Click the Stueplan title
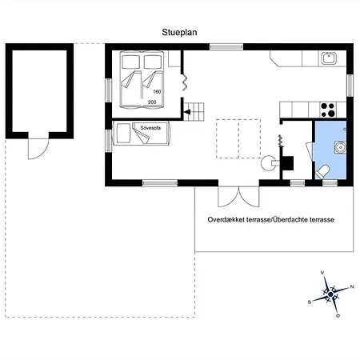tap(179, 32)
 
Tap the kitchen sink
tap(329, 58)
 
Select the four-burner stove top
tap(328, 110)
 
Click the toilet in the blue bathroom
tap(322, 171)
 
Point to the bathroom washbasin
tap(340, 147)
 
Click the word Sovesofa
tap(150, 128)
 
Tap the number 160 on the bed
tap(157, 92)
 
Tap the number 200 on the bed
tap(152, 102)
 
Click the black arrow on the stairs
tap(187, 112)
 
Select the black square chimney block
tap(288, 163)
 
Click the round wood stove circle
tap(268, 163)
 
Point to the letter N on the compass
tap(352, 287)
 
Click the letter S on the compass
tap(310, 302)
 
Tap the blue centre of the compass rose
tap(330, 294)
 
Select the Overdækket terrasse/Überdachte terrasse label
tap(271, 220)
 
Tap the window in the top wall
tap(226, 47)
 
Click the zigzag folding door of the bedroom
tap(184, 82)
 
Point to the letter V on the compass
tap(322, 273)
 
